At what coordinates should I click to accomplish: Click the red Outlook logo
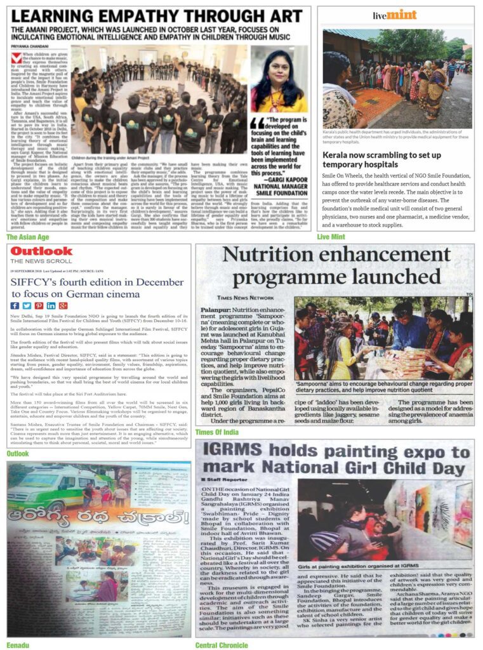tap(41, 251)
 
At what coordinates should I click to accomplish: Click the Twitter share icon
tap(27, 306)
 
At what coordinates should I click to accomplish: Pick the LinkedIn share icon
tap(51, 306)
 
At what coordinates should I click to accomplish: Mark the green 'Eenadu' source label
tap(18, 644)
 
